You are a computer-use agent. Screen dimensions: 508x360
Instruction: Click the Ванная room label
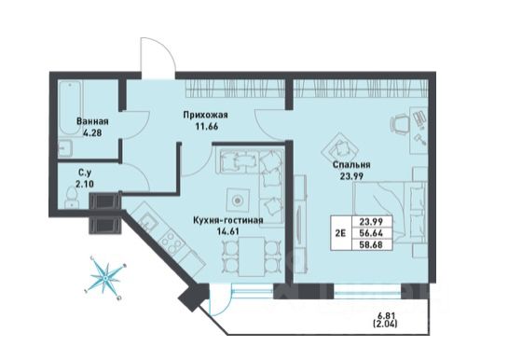click(92, 122)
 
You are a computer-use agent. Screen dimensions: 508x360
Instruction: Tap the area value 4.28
click(92, 132)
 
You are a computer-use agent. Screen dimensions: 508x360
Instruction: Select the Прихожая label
click(205, 115)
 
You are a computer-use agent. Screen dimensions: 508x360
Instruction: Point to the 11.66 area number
click(206, 126)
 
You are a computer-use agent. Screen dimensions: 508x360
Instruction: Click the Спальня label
click(351, 165)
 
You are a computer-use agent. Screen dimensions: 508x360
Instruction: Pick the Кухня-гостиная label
click(227, 220)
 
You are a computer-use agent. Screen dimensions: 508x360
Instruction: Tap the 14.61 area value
click(227, 231)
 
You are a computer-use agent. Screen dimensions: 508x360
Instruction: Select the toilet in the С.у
click(71, 198)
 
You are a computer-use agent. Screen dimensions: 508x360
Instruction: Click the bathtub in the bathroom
click(70, 109)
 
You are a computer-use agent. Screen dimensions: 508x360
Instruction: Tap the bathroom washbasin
click(66, 148)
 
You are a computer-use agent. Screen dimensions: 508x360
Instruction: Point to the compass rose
click(105, 278)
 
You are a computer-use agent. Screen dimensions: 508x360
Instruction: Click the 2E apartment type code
click(340, 233)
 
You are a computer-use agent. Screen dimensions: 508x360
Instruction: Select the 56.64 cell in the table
click(372, 233)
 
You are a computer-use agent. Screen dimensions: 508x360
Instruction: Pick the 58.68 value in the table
click(372, 244)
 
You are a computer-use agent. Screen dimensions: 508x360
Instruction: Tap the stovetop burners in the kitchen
click(169, 242)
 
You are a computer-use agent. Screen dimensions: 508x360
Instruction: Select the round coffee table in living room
click(238, 201)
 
